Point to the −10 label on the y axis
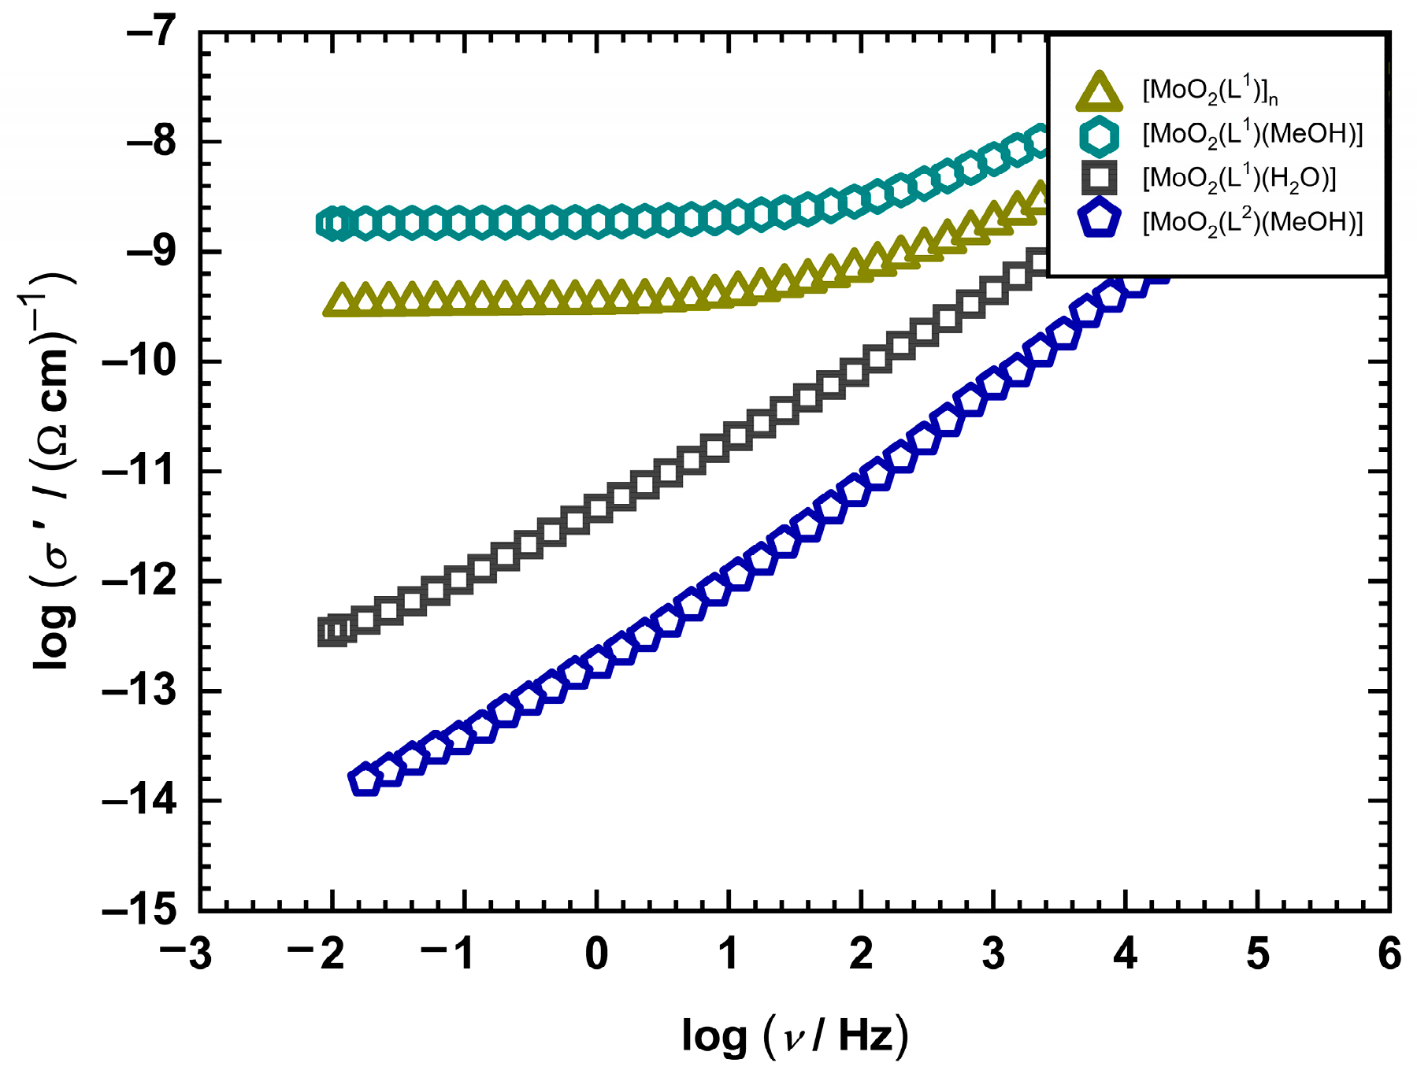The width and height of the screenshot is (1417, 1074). pos(139,362)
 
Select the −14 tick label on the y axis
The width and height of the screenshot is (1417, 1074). pos(139,802)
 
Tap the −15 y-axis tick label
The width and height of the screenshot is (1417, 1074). pos(139,911)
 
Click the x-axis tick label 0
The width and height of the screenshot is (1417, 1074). pos(597,954)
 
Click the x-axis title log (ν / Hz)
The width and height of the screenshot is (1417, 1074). pos(795,1036)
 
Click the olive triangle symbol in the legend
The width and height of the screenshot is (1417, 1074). pos(1099,92)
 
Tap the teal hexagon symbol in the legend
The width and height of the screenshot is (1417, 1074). pos(1099,135)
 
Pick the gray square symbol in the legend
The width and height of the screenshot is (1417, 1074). pos(1099,178)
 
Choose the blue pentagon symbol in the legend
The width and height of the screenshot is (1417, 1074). pos(1099,221)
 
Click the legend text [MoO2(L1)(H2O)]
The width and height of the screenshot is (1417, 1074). pos(1239,180)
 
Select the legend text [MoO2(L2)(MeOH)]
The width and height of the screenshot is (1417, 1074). pos(1252,223)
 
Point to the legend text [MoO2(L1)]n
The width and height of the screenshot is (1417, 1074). pos(1210,92)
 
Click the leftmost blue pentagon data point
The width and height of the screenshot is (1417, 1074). pos(364,780)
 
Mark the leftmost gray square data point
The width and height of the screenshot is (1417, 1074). pos(332,632)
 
